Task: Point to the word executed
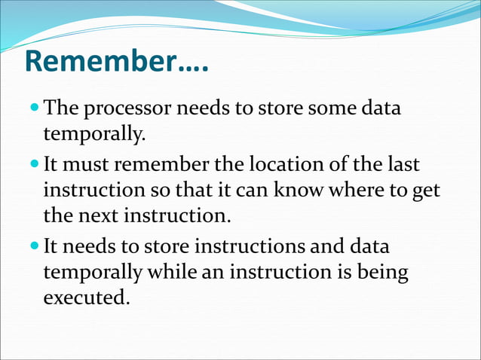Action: pyautogui.click(x=85, y=299)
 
